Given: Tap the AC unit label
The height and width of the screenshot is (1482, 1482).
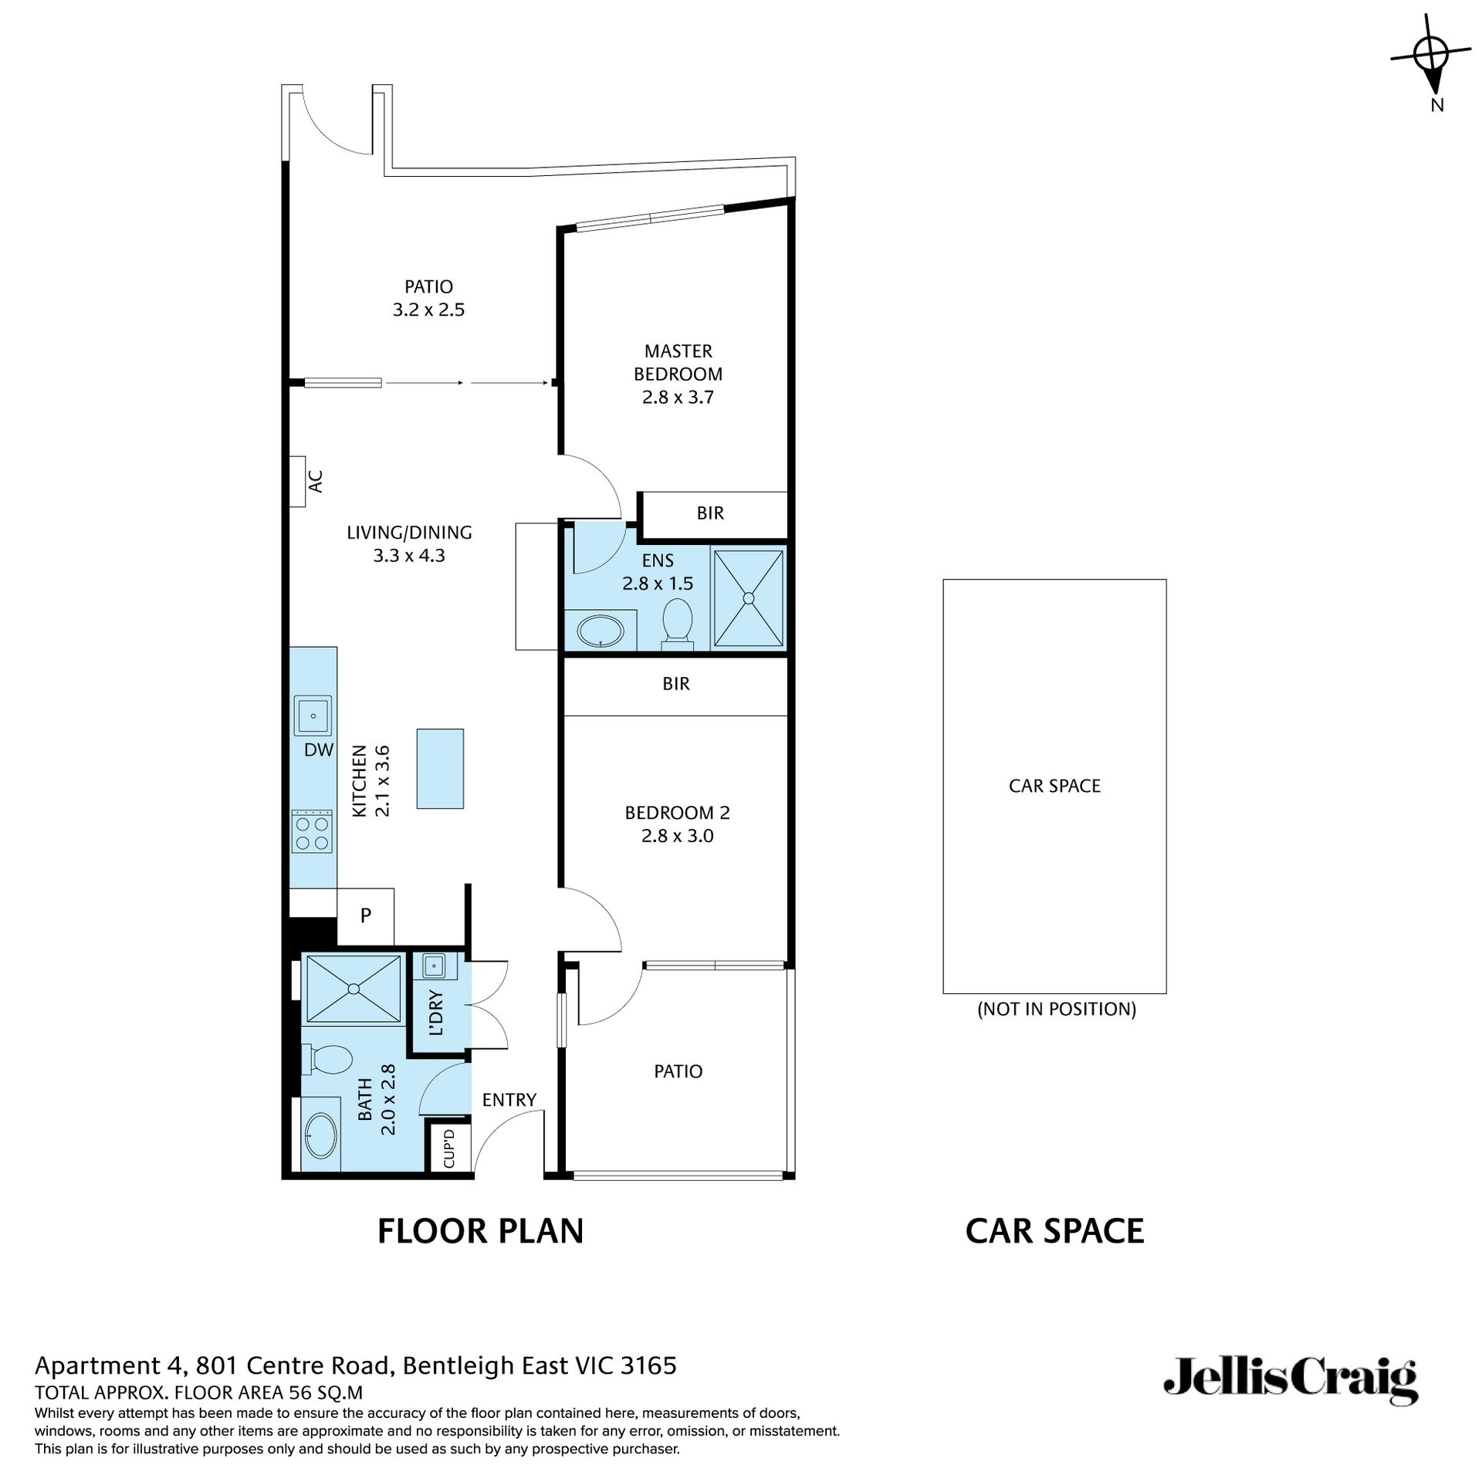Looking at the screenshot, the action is click(315, 482).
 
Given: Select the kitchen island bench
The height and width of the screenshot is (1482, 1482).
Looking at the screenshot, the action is click(440, 768).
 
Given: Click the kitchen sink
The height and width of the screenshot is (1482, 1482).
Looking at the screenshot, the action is click(313, 716).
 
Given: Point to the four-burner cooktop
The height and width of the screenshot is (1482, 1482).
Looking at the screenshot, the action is click(313, 831).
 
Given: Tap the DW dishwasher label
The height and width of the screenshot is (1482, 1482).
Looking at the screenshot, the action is click(319, 749).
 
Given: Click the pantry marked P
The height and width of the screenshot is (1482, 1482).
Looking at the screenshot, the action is click(366, 916).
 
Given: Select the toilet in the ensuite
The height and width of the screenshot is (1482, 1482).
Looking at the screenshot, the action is click(678, 621).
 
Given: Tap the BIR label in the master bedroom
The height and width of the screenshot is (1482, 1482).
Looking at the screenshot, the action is click(710, 513).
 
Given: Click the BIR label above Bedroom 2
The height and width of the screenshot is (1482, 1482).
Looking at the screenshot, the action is click(676, 684).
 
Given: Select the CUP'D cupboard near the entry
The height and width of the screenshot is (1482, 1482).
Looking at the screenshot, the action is click(449, 1148).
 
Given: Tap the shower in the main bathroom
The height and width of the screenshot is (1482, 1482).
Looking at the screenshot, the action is click(354, 989).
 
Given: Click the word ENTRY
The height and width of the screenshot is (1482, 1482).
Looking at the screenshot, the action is click(509, 1100).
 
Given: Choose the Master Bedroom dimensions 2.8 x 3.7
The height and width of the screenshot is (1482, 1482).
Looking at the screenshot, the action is click(678, 398).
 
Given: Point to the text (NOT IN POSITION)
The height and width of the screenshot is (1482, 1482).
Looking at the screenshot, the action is click(1056, 1009).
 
